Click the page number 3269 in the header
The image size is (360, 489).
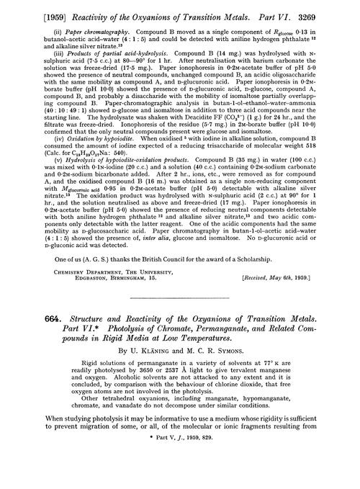pyautogui.click(x=342, y=9)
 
